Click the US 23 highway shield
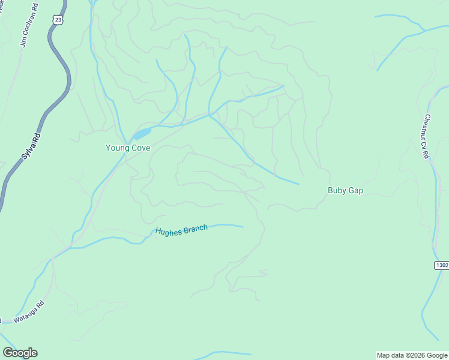[58, 20]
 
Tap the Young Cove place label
[128, 148]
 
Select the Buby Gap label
[345, 191]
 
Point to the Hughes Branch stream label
[181, 229]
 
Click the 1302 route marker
[441, 265]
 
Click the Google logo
[20, 353]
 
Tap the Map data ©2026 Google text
[412, 355]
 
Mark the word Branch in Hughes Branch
[194, 229]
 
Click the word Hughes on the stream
[167, 231]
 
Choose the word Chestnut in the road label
[427, 127]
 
